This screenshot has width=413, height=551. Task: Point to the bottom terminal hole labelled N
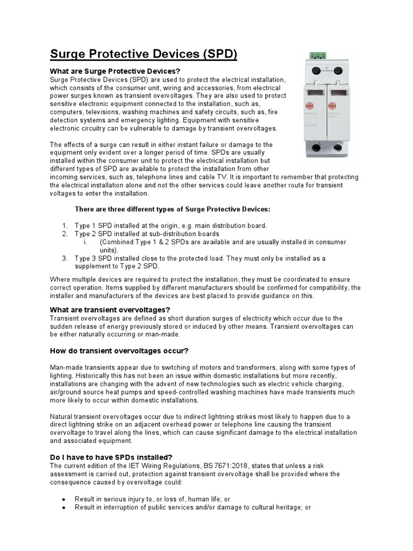click(x=340, y=148)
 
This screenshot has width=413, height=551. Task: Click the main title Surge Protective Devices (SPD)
click(x=144, y=54)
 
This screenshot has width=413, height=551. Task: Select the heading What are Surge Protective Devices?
click(x=115, y=71)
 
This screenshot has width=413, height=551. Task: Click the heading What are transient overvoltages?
click(x=110, y=310)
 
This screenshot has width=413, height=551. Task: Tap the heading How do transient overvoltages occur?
click(x=119, y=351)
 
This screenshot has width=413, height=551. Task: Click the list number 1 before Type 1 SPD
click(x=64, y=225)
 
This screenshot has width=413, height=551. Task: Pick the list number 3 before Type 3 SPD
click(x=64, y=258)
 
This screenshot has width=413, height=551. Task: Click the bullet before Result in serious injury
click(x=64, y=499)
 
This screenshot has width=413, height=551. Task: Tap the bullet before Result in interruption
click(x=64, y=507)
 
